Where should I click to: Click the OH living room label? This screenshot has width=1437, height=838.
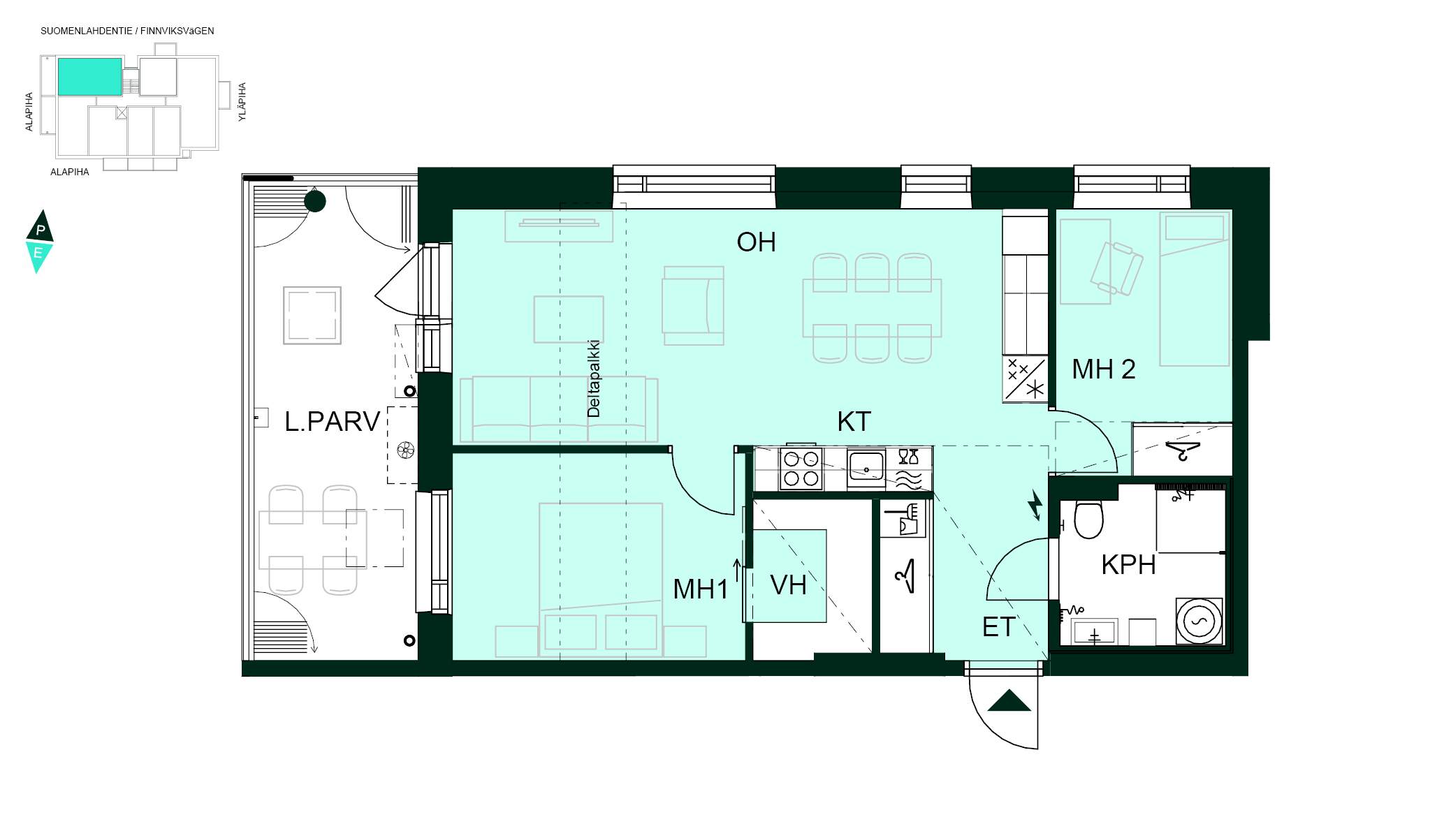coord(756,242)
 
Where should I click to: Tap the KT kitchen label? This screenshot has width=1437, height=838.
coord(854,422)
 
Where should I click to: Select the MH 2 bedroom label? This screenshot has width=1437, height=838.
coord(1104,369)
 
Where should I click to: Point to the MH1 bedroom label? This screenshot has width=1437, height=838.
coord(701,589)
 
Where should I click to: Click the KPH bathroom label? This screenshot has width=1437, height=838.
coord(1128,564)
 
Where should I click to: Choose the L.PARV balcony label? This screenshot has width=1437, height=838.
coord(333,422)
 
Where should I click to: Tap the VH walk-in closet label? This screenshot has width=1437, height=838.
coord(788,585)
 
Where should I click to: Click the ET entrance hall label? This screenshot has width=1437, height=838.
coord(998,627)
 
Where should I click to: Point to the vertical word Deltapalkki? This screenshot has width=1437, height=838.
coord(594,378)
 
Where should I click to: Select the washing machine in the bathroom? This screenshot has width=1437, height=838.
coord(1199,621)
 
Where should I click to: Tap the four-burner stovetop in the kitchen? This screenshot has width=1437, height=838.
coord(801,469)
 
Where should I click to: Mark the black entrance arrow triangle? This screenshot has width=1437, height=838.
coord(1009,700)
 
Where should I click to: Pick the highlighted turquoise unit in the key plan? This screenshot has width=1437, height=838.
coord(89,77)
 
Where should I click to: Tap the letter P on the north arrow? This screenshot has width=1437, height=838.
coord(41,230)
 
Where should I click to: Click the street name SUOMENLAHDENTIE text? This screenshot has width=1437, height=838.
coord(87,31)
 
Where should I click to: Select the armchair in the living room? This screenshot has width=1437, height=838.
coord(693,306)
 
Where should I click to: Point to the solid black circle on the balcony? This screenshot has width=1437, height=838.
coord(315,202)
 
